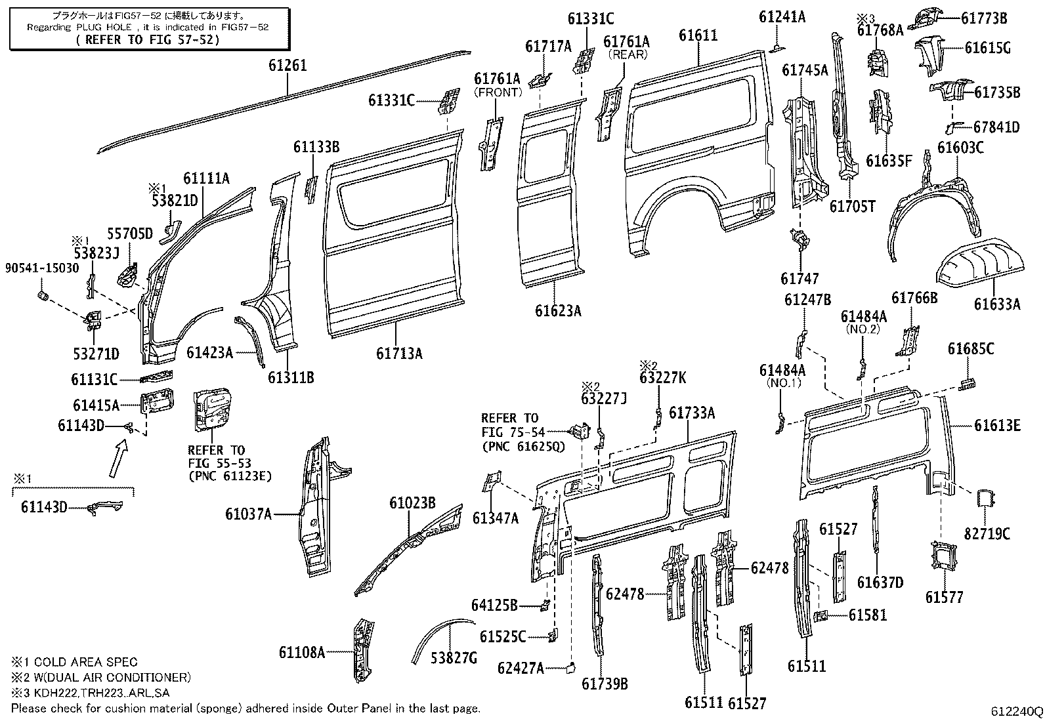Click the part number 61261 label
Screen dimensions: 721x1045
coord(288,66)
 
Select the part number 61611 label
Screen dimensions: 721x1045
coord(698,35)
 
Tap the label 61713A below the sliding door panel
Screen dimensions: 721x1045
coord(399,354)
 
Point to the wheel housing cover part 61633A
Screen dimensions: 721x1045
coord(981,266)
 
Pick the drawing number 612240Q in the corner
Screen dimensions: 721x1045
coord(1017,711)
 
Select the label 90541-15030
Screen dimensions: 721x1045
coord(42,268)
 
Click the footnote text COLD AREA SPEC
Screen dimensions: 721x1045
coord(85,662)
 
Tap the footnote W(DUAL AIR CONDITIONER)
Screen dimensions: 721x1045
coord(112,677)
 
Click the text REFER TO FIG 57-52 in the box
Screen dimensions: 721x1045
coord(148,39)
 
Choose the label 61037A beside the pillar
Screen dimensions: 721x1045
coord(248,514)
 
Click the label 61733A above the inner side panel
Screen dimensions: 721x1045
coord(692,413)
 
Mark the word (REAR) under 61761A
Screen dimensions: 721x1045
coord(628,54)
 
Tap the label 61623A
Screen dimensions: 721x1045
coord(558,311)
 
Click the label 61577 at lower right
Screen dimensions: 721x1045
coord(945,597)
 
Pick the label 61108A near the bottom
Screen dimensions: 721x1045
coord(302,652)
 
